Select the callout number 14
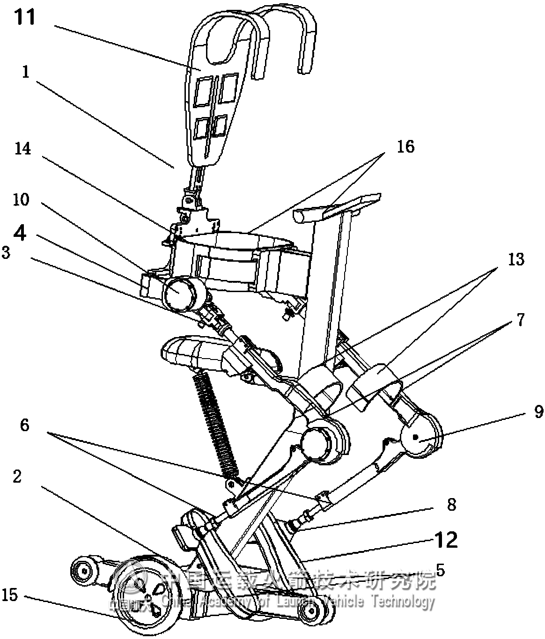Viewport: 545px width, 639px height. [x=22, y=149]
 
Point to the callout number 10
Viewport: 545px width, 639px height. [x=21, y=200]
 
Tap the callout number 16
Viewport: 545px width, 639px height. [x=406, y=147]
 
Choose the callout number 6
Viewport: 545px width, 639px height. [x=24, y=425]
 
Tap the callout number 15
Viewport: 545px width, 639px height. [x=9, y=595]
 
